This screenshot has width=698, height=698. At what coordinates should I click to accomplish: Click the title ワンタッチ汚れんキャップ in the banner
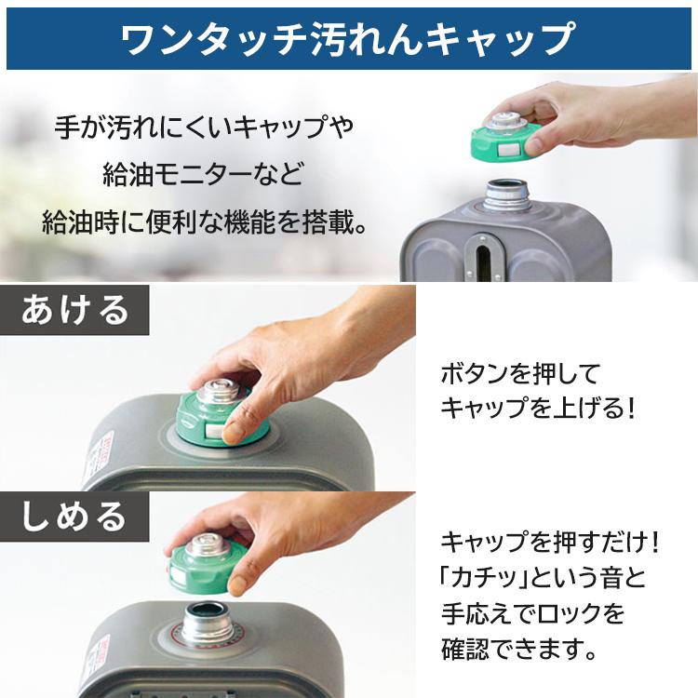pos(348,38)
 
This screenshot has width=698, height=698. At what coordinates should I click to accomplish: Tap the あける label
pos(75,308)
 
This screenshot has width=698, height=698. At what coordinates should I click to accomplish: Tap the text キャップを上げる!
pos(538,408)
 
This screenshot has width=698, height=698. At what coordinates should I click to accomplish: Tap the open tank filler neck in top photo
pos(504,192)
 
